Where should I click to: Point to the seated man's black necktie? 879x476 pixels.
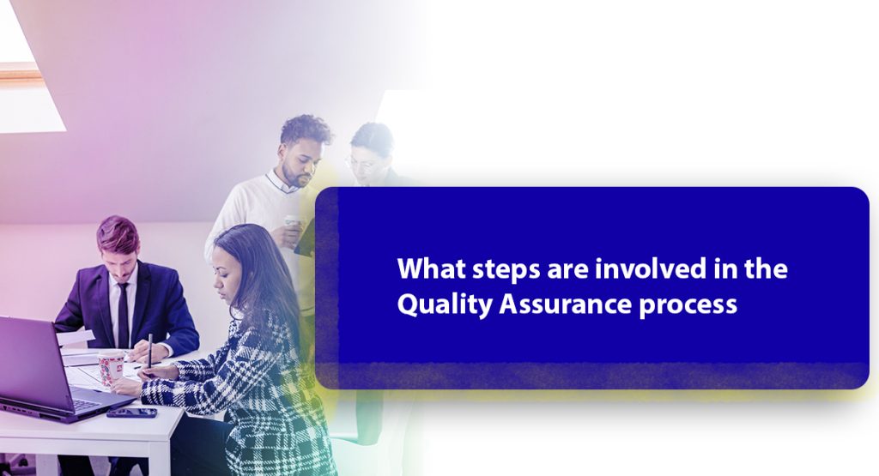(124, 314)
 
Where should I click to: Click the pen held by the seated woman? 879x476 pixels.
(149, 351)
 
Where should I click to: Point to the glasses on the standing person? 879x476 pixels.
(359, 161)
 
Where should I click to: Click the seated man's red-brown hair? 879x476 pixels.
(118, 232)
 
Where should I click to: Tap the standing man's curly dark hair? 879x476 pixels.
(306, 130)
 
